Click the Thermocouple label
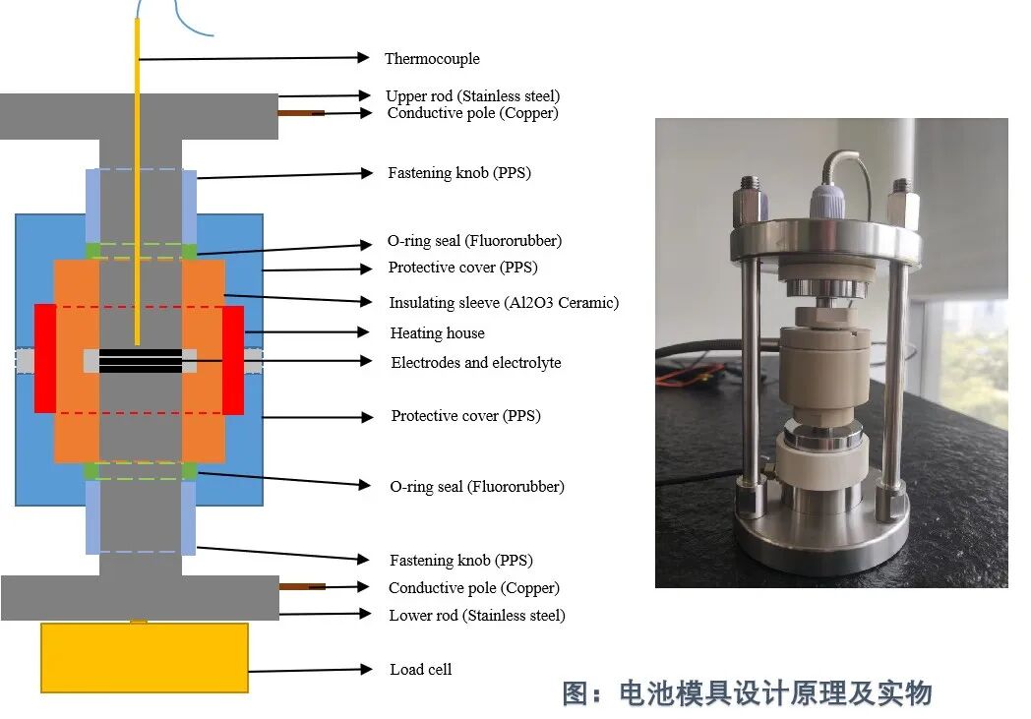point(432,58)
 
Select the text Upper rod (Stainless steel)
point(473,96)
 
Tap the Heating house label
point(437,333)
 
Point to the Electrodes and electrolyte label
point(476,363)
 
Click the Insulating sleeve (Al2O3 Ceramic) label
point(504,302)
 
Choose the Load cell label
point(421,669)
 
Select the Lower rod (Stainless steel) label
point(477,615)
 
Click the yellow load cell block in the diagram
point(145,658)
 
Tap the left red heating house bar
point(45,359)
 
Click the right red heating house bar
point(233,360)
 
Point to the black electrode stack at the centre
point(141,361)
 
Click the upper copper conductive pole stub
point(301,113)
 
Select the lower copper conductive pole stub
point(302,586)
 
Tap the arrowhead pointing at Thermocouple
point(363,57)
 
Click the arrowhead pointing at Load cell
point(366,669)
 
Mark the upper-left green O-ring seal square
point(92,251)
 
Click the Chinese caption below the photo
point(748,693)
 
